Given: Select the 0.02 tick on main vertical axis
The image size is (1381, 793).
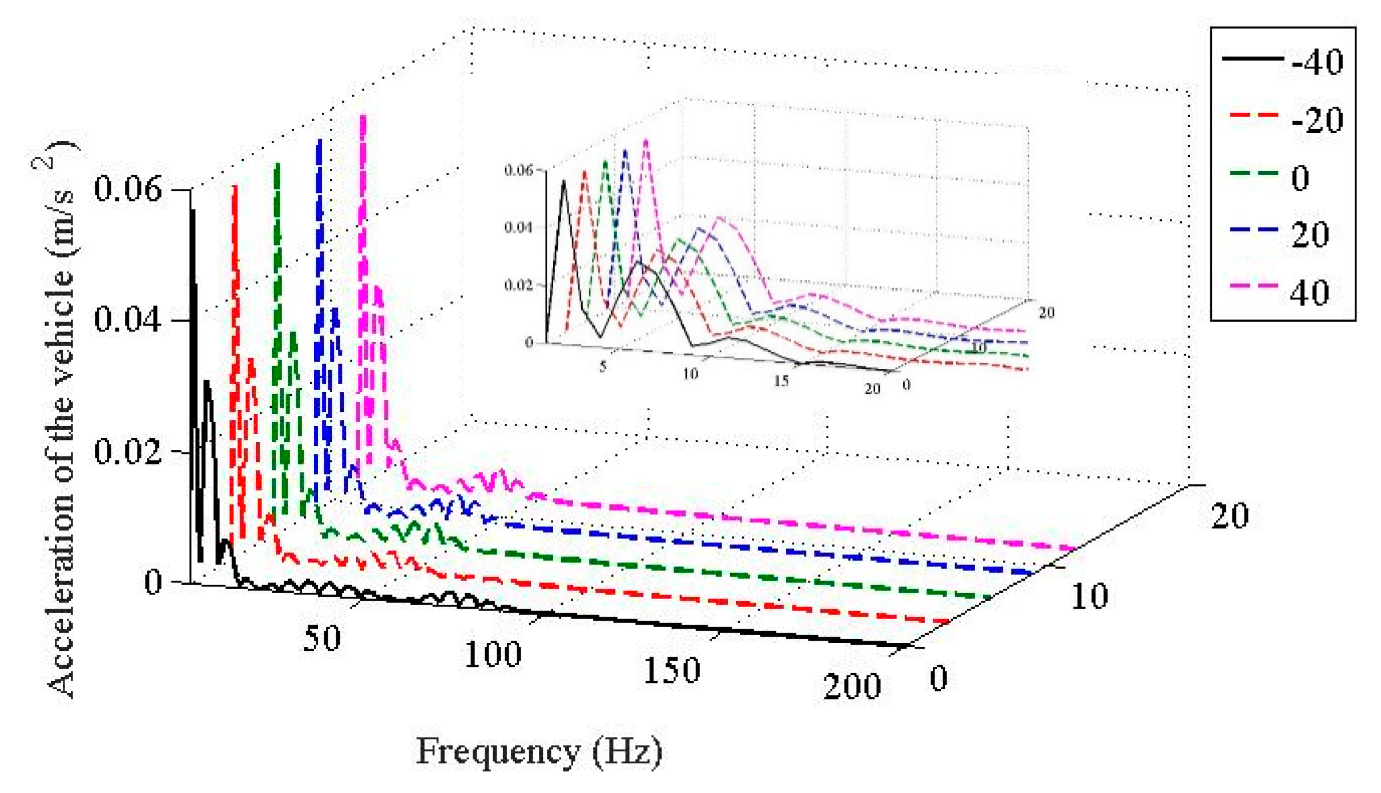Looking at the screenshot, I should (128, 451).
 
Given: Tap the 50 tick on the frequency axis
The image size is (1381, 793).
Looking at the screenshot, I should (322, 638).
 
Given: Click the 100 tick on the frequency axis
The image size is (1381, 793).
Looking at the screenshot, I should (492, 654).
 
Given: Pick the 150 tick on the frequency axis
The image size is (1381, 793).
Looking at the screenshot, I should (671, 670).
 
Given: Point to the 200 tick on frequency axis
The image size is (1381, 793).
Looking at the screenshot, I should (852, 686).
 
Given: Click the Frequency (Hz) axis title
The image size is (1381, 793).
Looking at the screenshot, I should (539, 751).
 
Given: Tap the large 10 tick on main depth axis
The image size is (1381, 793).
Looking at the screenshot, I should (1089, 596).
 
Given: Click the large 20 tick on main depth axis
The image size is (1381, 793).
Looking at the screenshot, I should (1230, 516).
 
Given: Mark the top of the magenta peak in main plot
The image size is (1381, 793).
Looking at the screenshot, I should (363, 117).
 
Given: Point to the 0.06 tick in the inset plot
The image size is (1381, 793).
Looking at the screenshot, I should (518, 170).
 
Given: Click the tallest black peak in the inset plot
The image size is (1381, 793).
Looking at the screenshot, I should (564, 181).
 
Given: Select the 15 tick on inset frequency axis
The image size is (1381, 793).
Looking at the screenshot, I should (781, 381).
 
